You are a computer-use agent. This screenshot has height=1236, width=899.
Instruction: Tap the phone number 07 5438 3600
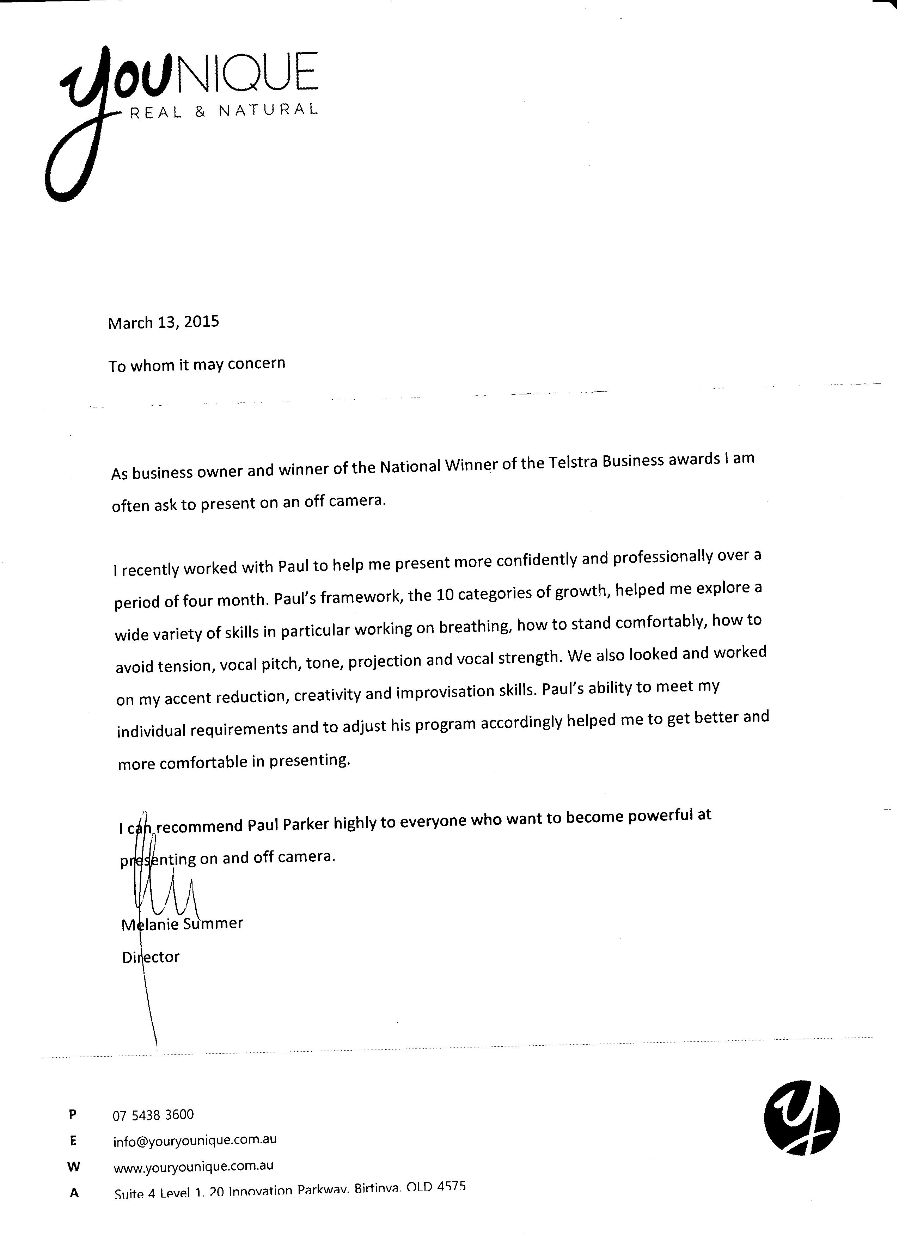[153, 1115]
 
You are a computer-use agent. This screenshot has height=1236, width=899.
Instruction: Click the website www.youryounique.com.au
[193, 1166]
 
